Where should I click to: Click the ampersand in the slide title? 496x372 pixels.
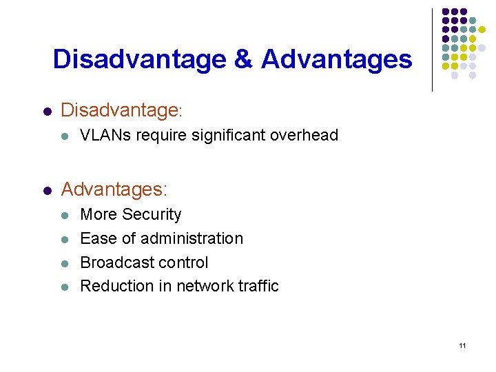[x=244, y=59]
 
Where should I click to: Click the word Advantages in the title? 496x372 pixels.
[x=336, y=59]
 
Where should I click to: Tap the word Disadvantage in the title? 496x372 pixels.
[x=140, y=59]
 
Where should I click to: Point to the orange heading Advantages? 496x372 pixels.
[x=114, y=188]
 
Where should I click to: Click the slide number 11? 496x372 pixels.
[x=462, y=345]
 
